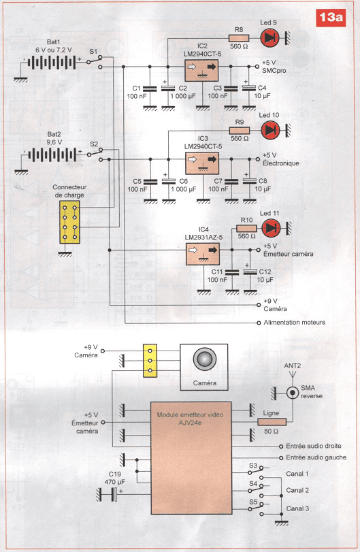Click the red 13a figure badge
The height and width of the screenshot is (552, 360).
pos(331,18)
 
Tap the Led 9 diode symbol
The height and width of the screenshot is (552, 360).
pos(269,37)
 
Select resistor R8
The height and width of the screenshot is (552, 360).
pos(239,38)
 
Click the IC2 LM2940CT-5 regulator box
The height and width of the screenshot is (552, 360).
pos(201,70)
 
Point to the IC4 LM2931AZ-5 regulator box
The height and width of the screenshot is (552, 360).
pos(202,254)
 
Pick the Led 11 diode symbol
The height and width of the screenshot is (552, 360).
pos(271,228)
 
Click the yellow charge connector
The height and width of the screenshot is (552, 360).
pos(69,222)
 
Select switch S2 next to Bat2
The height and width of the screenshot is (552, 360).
pos(96,155)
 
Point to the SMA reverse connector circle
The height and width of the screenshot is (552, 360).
pos(292,392)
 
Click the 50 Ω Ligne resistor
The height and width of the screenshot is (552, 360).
pos(272,422)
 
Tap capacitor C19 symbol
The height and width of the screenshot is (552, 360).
pos(114,495)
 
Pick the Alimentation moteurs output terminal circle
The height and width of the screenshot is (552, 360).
pos(259,323)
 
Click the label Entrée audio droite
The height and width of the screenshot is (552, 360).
pos(314,446)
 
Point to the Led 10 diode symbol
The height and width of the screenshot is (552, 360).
pos(270,130)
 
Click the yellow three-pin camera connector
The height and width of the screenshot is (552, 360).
pos(150,361)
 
